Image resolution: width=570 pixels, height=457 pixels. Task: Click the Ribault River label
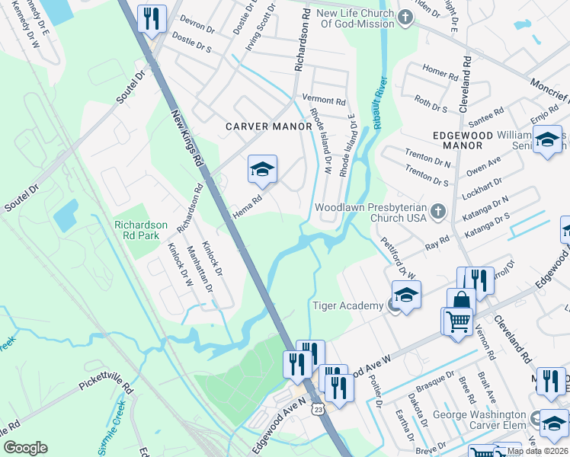point(380,103)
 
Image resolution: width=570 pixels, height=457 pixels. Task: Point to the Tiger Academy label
point(347,305)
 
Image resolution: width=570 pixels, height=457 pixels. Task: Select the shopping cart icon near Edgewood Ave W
point(457,320)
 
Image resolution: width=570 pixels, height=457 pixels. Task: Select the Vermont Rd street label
point(324,100)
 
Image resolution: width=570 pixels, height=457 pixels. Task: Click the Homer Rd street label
point(440,72)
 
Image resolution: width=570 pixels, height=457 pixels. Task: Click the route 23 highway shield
point(315,410)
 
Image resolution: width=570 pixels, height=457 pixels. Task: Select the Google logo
point(25,447)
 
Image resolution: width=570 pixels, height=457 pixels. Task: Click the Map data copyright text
point(538,451)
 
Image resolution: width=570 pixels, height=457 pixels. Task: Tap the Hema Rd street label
point(248,208)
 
